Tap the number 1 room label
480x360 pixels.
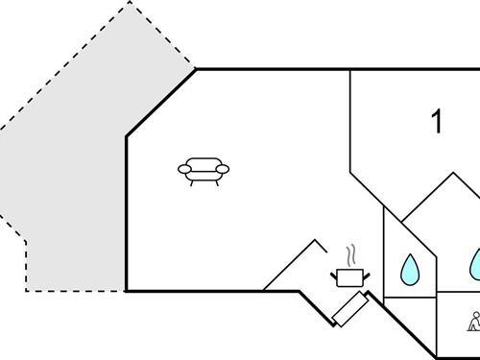pyautogui.click(x=438, y=123)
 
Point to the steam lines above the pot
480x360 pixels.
pyautogui.click(x=352, y=254)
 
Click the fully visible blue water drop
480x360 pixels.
pyautogui.click(x=409, y=270)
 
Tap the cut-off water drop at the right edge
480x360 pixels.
pyautogui.click(x=475, y=265)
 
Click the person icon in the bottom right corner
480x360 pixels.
pyautogui.click(x=473, y=322)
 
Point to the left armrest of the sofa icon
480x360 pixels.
pyautogui.click(x=184, y=170)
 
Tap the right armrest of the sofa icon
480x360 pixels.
pyautogui.click(x=224, y=170)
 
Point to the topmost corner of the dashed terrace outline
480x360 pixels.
pyautogui.click(x=131, y=2)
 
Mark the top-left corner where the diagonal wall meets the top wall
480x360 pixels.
pyautogui.click(x=196, y=69)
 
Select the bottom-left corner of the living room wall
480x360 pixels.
pyautogui.click(x=127, y=290)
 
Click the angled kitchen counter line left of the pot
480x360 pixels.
pyautogui.click(x=288, y=265)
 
